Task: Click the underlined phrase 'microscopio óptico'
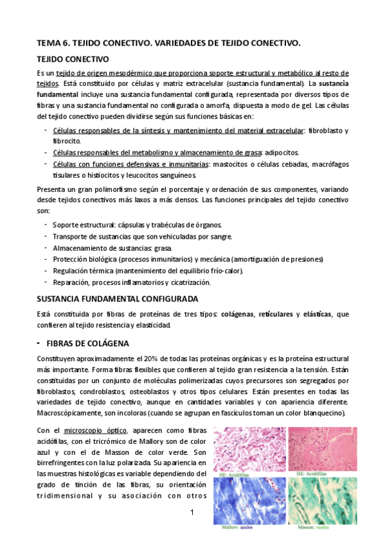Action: (x=91, y=429)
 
